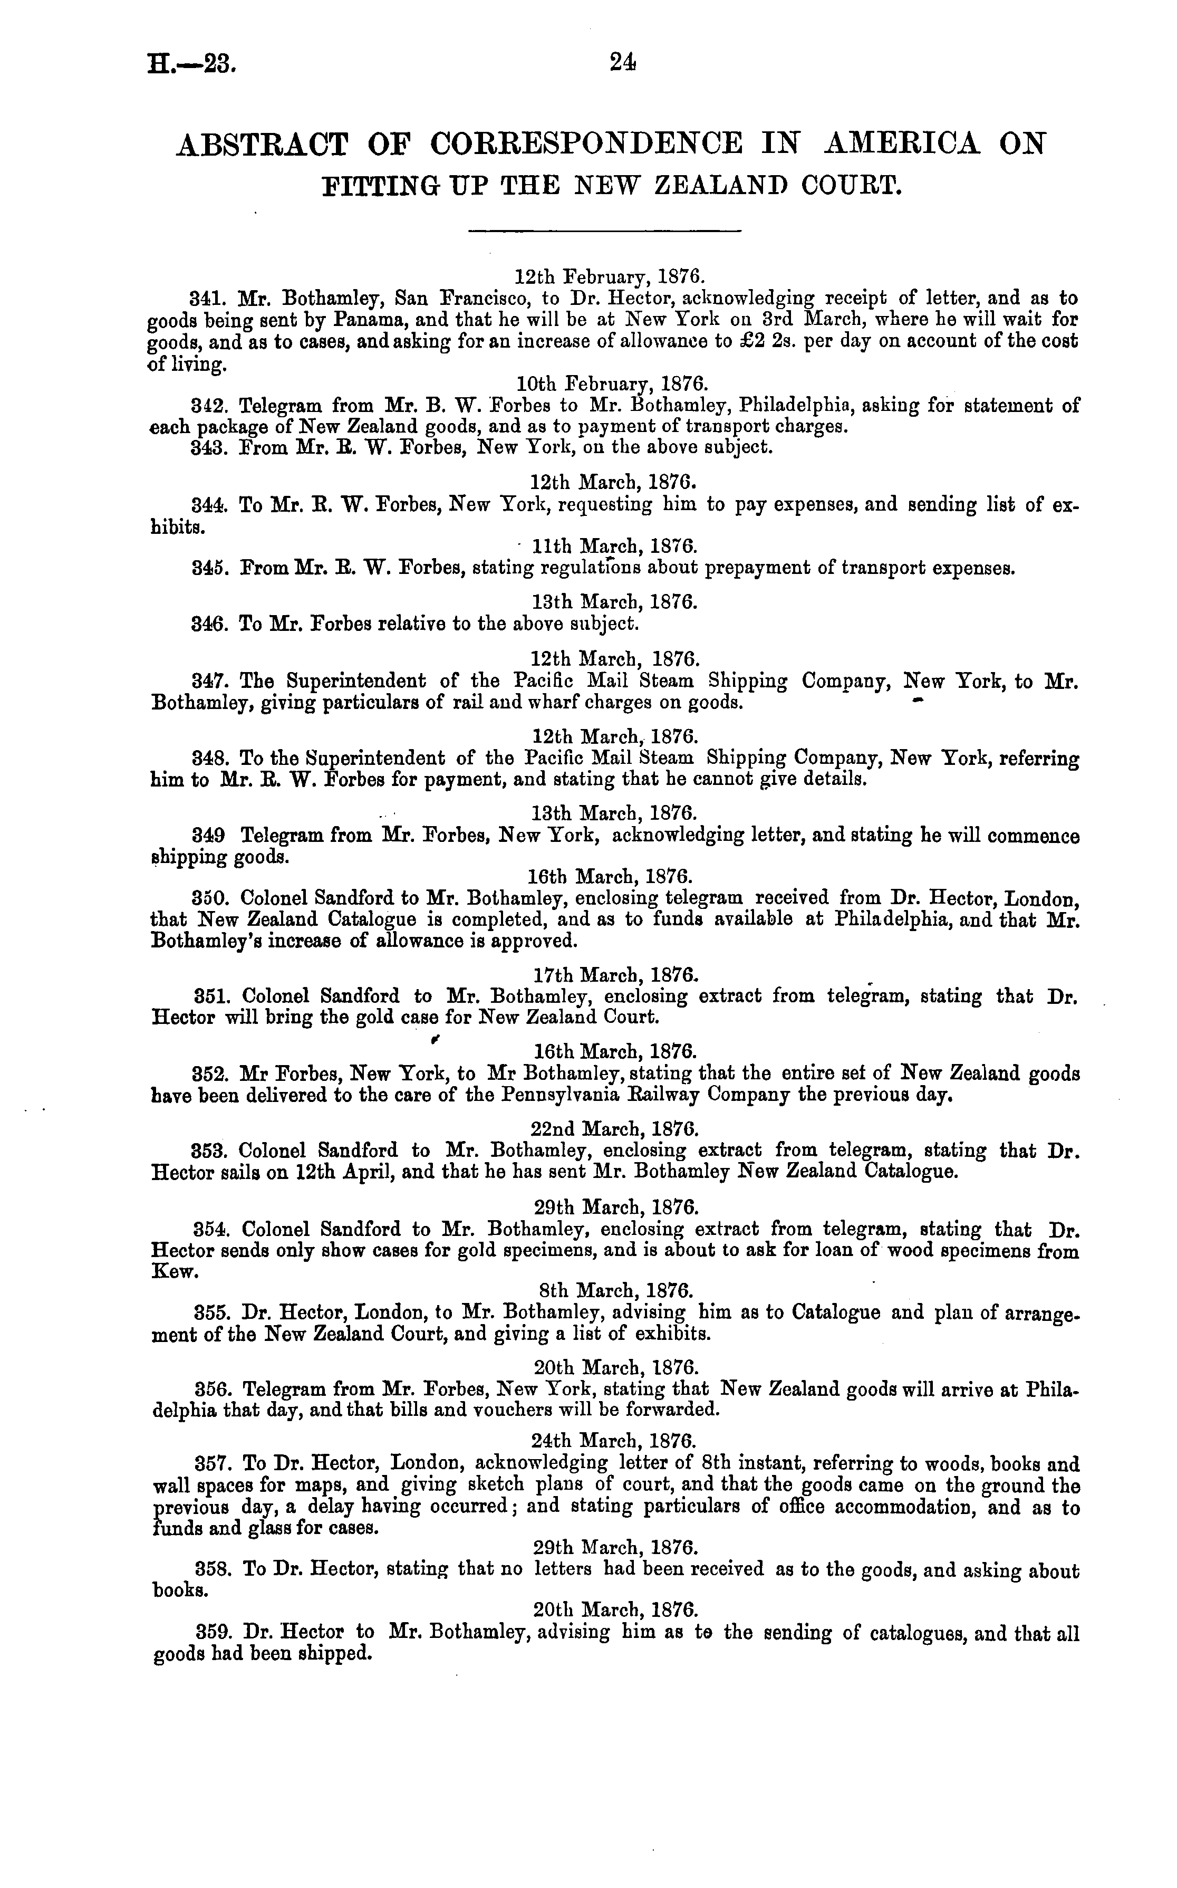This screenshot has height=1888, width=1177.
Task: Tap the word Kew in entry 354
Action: [170, 1271]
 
